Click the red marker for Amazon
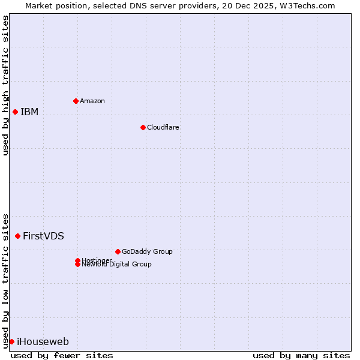coord(76,101)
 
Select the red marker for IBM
coord(15,112)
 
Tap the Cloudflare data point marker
coord(143,127)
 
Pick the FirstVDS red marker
coord(17,236)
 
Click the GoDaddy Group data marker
coord(118,251)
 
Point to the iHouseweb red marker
coord(11,341)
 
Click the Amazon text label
coord(92,101)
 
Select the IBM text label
coord(29,112)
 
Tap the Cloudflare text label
coord(163,127)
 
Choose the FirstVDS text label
coord(43,236)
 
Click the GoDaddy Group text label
coord(147,251)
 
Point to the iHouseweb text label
coord(43,341)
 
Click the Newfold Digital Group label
coord(116,265)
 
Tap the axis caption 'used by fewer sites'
coord(62,355)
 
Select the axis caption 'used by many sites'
coord(301,355)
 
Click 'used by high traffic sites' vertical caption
coord(5,85)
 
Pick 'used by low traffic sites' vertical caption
coord(5,280)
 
